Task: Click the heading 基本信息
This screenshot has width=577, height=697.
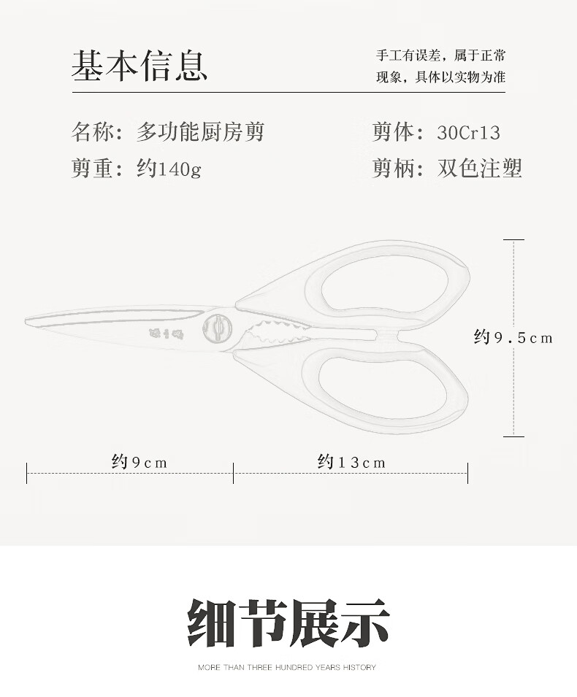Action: pyautogui.click(x=140, y=65)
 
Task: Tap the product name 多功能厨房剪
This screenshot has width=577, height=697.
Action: pyautogui.click(x=200, y=132)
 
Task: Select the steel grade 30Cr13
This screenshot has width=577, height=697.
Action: pyautogui.click(x=468, y=133)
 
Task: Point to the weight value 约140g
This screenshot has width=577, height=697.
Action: pyautogui.click(x=169, y=169)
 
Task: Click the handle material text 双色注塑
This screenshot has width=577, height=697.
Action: pyautogui.click(x=480, y=169)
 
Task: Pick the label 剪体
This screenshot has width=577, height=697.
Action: pyautogui.click(x=393, y=133)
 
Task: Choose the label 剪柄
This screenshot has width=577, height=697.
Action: pyautogui.click(x=393, y=169)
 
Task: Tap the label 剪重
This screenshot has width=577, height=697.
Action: pyautogui.click(x=92, y=169)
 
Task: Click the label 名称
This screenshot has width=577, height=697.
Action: pyautogui.click(x=92, y=132)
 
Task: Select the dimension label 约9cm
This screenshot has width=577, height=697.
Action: pyautogui.click(x=140, y=462)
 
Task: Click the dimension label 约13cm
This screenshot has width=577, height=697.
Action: pyautogui.click(x=351, y=462)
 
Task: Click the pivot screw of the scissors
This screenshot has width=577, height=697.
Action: pyautogui.click(x=217, y=328)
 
